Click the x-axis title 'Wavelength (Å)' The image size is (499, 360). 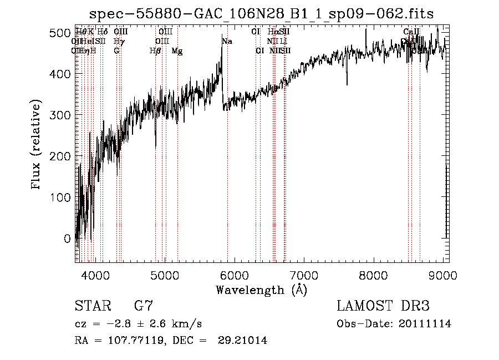coord(261,290)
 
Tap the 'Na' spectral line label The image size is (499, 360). coord(227,42)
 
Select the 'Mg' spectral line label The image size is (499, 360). coord(177,51)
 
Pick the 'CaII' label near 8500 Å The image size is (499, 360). coord(411,32)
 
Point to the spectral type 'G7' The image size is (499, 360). coord(143,306)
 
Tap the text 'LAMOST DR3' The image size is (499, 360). coord(383,306)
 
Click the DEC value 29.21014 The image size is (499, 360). coord(245,341)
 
